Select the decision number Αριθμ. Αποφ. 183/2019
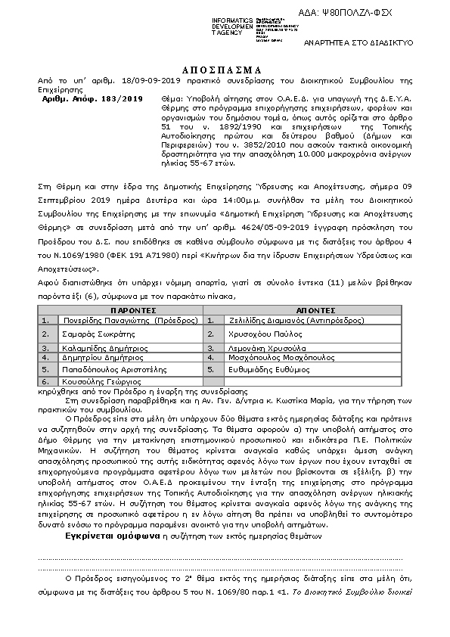point(92,98)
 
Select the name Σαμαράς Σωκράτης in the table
point(92,333)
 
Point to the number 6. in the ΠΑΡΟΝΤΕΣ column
point(45,382)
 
